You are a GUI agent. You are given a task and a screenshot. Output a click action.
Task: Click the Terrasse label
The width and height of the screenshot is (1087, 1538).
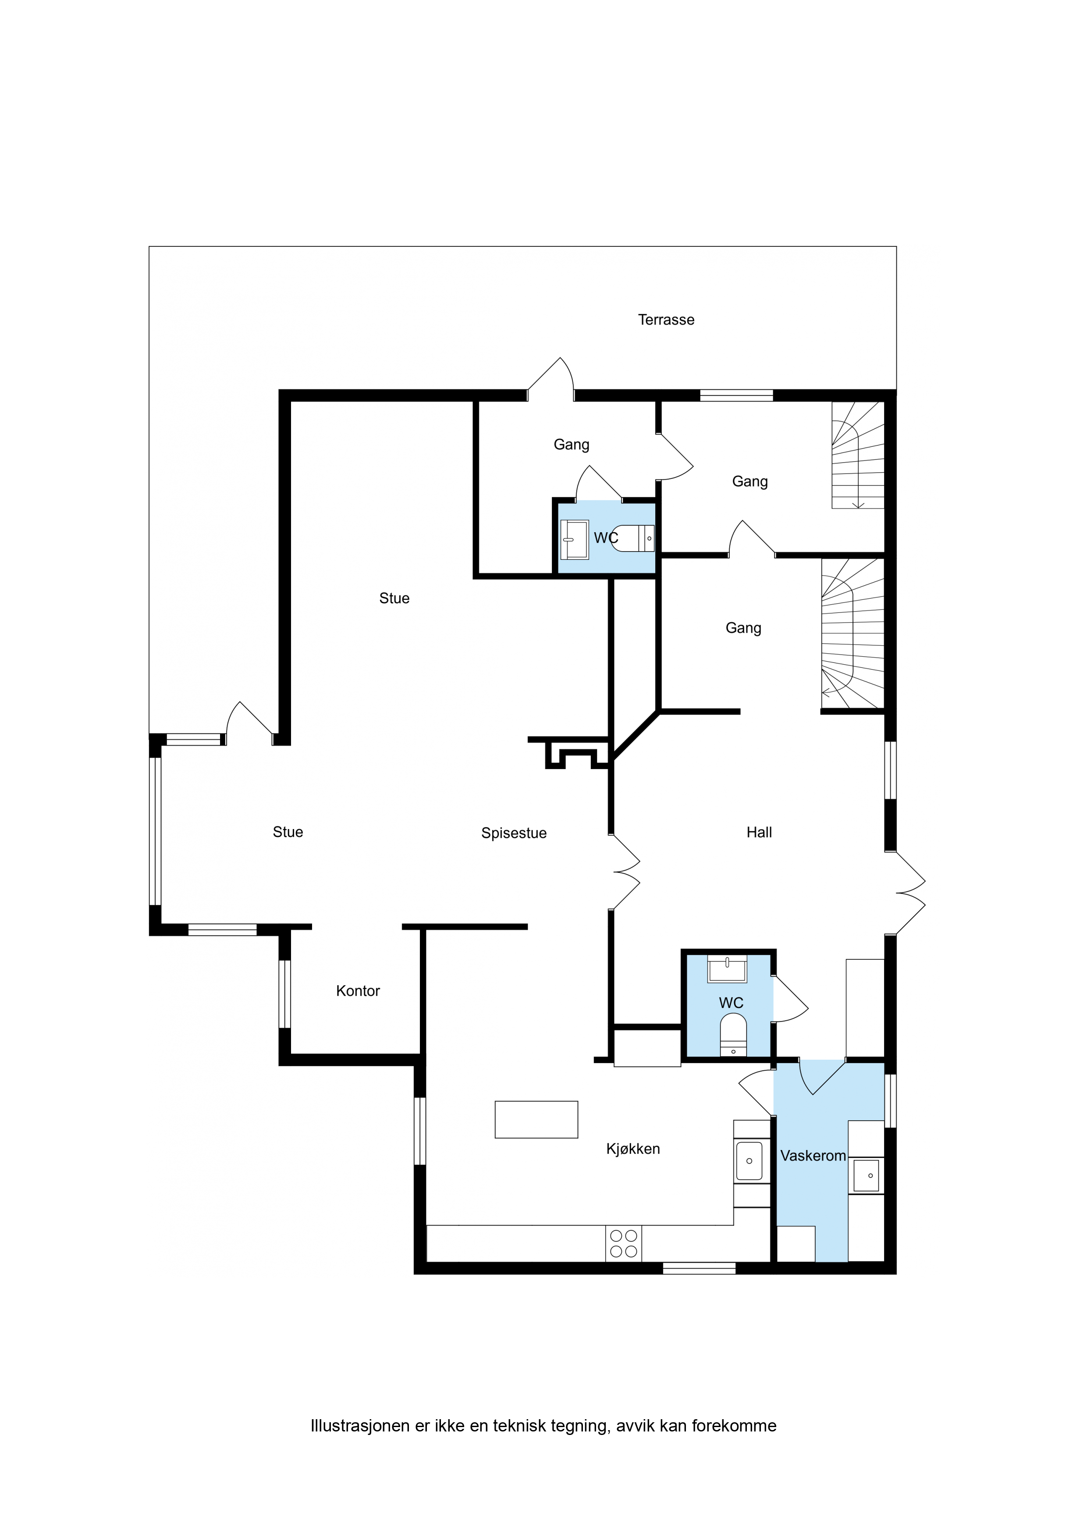666,320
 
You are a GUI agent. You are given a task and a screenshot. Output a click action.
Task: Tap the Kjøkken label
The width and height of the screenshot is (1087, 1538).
633,1149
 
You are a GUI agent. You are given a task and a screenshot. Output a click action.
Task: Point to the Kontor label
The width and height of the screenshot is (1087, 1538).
358,991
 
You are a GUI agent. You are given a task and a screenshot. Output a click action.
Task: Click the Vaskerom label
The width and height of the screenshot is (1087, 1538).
813,1156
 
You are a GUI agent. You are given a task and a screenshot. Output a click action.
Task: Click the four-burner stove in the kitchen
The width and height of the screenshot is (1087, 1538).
624,1244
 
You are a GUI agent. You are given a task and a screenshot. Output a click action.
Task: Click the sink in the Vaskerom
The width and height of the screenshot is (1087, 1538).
866,1175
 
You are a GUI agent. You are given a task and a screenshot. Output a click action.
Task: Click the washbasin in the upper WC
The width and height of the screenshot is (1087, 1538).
574,539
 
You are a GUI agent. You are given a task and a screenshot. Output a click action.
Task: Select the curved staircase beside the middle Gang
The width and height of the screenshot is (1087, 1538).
853,634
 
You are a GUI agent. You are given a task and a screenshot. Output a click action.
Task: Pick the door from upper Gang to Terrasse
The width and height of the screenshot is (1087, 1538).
550,379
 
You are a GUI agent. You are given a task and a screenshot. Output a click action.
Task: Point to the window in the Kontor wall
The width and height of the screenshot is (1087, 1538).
284,993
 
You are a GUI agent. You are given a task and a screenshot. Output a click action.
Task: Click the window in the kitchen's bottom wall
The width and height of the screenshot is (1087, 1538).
699,1268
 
